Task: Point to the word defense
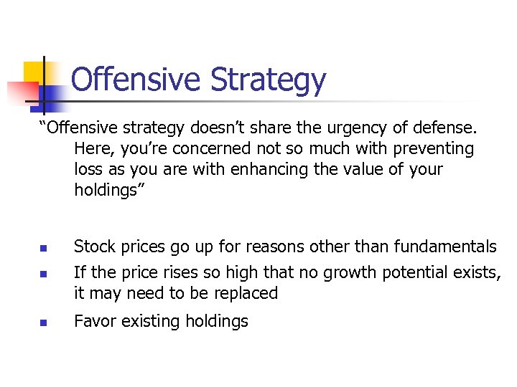click(x=440, y=128)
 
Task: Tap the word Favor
click(x=94, y=321)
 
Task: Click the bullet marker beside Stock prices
click(x=43, y=249)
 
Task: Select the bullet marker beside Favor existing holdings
click(x=43, y=322)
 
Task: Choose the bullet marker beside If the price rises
click(x=43, y=274)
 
